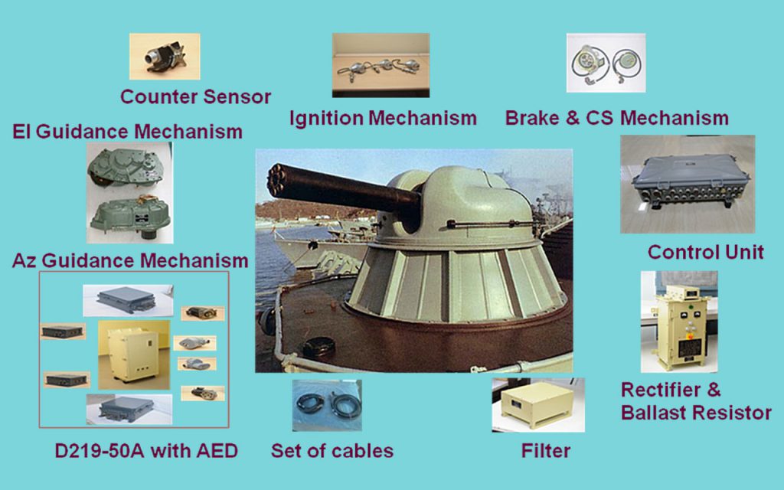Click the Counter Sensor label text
[x=195, y=97]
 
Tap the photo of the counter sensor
[x=165, y=56]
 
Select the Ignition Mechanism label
[x=383, y=119]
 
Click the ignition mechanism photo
[x=381, y=64]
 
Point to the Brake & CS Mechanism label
[x=616, y=119]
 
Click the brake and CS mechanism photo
[x=606, y=63]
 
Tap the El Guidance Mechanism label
[x=128, y=132]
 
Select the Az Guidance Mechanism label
[x=130, y=260]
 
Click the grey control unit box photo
[x=688, y=184]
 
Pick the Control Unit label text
[x=705, y=252]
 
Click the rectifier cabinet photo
[x=678, y=322]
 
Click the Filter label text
[x=545, y=451]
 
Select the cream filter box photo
[x=537, y=404]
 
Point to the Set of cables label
[x=332, y=451]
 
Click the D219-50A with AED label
[x=136, y=451]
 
